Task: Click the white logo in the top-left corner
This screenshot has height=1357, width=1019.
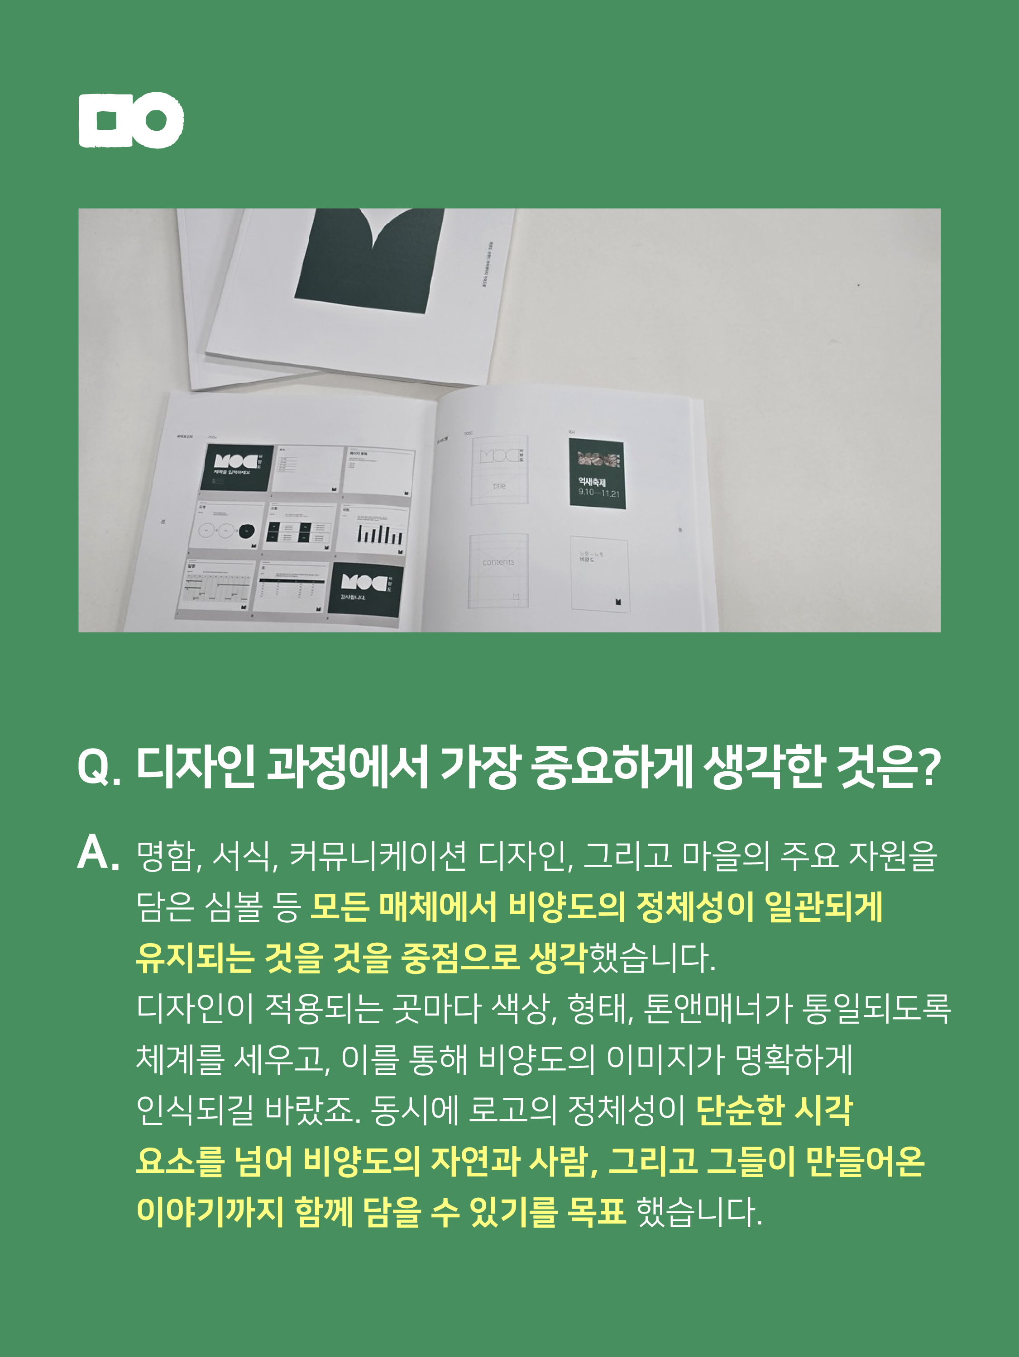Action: [131, 120]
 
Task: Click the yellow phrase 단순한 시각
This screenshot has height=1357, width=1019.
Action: [775, 1110]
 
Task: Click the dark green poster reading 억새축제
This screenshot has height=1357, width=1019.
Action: [597, 474]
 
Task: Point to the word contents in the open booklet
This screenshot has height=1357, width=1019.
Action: [498, 562]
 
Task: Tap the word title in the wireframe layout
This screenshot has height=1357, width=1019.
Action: [499, 485]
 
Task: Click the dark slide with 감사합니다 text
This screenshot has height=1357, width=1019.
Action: [364, 589]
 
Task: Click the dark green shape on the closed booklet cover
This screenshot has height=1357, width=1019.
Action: [368, 258]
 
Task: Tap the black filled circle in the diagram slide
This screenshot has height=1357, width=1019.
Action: [247, 530]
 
